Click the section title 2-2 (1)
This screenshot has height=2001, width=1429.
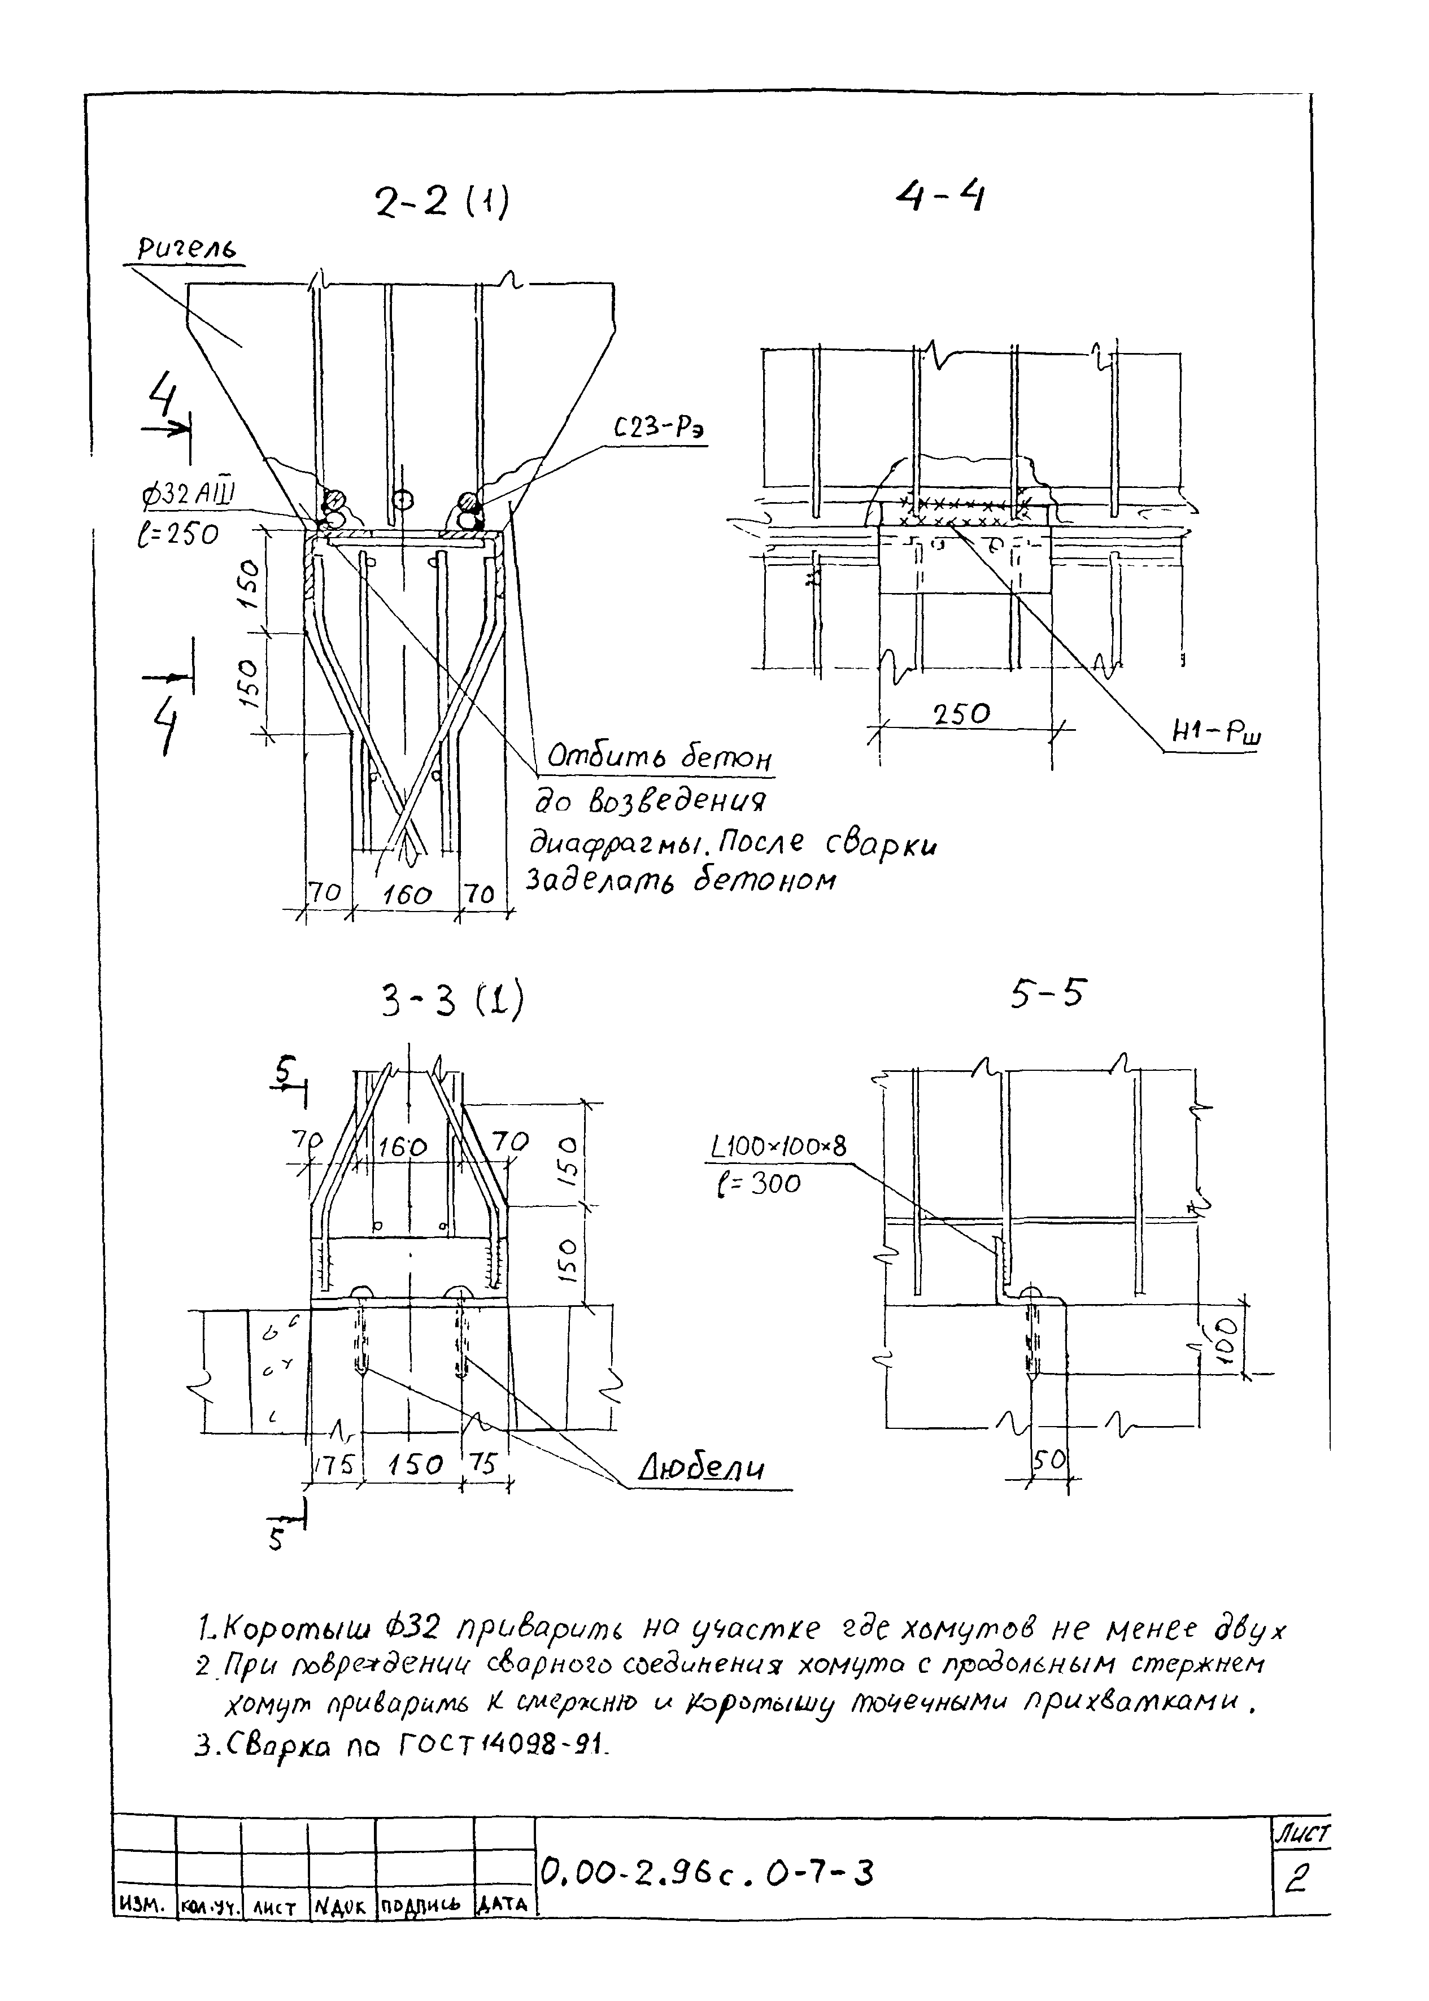point(442,204)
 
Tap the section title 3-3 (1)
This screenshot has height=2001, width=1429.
point(452,1001)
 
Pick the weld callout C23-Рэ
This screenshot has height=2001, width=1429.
point(660,429)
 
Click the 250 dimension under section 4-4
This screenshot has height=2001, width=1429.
point(962,714)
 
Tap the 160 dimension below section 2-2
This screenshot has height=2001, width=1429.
point(407,896)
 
